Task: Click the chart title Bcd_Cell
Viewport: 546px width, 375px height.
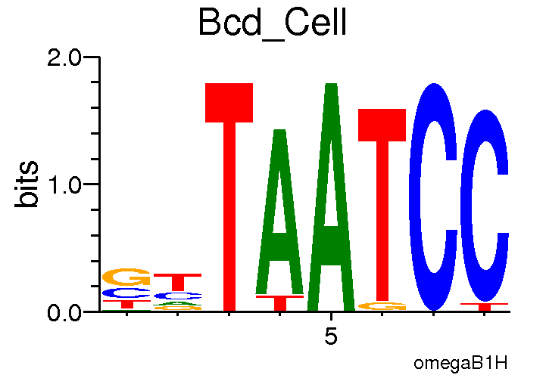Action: pos(272,23)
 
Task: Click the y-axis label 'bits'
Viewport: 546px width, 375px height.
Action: pos(28,184)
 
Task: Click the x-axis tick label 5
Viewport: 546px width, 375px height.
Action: pos(331,336)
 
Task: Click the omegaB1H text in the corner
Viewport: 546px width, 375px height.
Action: pos(460,363)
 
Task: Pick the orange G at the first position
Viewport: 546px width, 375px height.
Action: pos(126,277)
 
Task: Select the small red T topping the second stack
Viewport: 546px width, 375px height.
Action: pos(178,280)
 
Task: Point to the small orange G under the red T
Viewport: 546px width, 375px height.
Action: pos(382,306)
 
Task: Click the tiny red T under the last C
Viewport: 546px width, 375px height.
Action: pos(485,306)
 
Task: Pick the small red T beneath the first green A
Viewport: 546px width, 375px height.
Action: pos(280,302)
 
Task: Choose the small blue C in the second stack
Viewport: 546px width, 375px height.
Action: pos(178,296)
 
